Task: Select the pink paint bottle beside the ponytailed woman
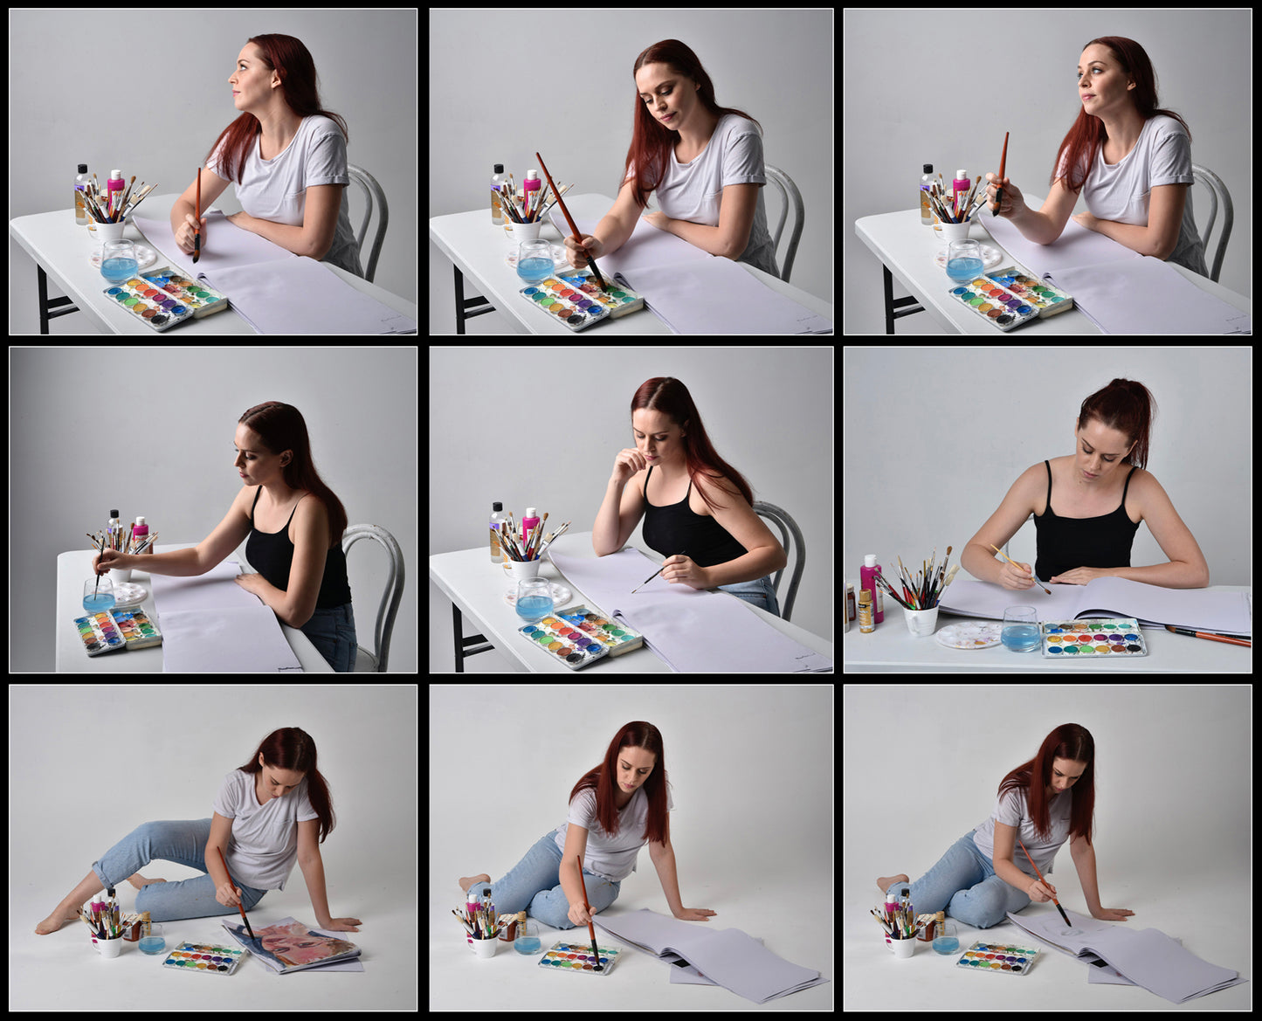click(x=871, y=587)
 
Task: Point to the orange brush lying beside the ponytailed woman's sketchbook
click(x=1209, y=635)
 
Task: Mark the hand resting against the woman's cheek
click(x=627, y=464)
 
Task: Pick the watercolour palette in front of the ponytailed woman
click(x=1093, y=638)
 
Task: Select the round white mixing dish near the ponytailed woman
click(x=968, y=636)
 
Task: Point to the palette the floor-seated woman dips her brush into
click(x=579, y=957)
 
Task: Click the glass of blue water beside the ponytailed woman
click(x=1020, y=629)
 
